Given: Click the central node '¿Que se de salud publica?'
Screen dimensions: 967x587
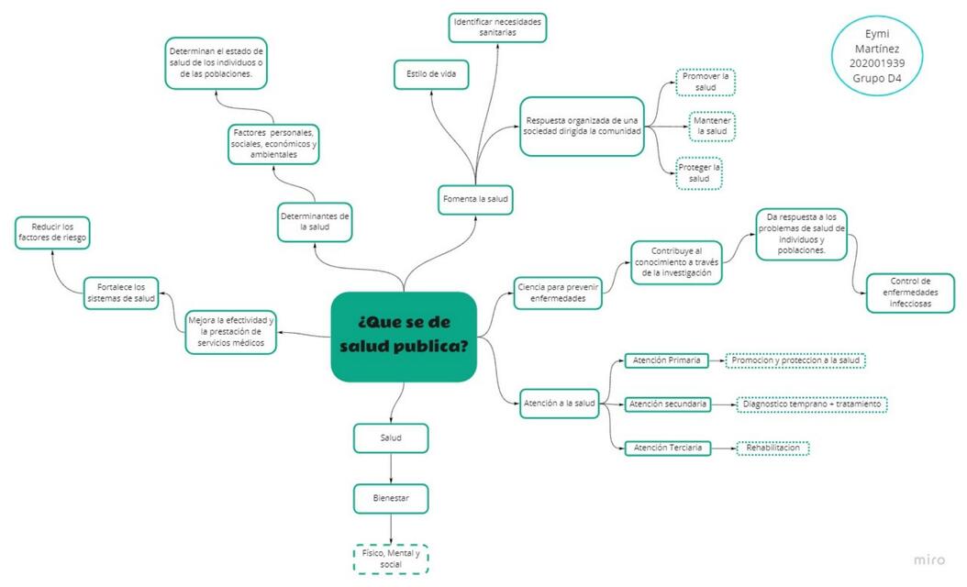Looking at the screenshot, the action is [x=404, y=337].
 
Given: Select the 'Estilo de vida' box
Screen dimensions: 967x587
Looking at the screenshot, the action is [x=431, y=74].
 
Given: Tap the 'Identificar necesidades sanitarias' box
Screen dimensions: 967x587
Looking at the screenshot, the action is [x=497, y=28].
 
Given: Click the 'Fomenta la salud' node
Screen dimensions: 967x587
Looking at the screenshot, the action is [x=475, y=199].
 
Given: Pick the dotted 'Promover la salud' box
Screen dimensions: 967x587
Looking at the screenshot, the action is [x=706, y=82].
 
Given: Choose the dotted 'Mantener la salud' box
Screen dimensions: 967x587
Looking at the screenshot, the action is [x=712, y=127].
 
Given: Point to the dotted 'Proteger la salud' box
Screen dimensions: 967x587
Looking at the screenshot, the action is [x=699, y=173].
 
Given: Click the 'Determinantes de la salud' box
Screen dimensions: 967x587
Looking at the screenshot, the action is [x=315, y=222].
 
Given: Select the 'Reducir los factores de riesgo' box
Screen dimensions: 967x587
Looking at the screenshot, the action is [x=52, y=232].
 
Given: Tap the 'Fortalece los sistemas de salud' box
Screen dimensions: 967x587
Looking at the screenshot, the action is [x=121, y=293].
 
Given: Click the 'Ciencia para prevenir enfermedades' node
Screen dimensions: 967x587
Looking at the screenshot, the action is [x=558, y=293].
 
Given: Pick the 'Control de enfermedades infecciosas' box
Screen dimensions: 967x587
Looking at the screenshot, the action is [x=910, y=293].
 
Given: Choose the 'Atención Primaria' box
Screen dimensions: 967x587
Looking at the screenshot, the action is [x=667, y=360].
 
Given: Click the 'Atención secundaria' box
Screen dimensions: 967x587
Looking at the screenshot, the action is [x=668, y=404].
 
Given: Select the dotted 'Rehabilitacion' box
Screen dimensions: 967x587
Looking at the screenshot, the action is [x=772, y=449].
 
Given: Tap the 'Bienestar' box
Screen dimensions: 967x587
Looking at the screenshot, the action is [x=391, y=498].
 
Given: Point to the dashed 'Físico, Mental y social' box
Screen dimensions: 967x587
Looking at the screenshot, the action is [x=391, y=559].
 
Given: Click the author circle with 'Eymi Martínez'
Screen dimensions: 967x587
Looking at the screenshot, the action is [x=876, y=56].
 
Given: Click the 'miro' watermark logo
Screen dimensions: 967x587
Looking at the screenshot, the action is [x=928, y=559].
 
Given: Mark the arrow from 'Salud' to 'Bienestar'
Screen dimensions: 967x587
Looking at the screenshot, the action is [x=391, y=469].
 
